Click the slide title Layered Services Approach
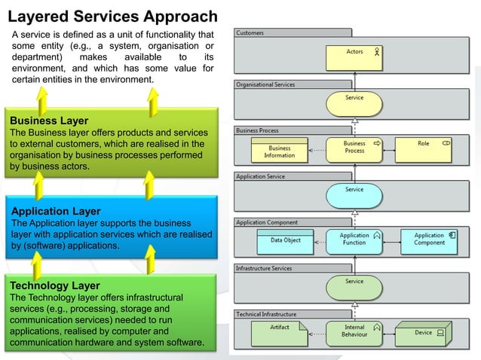113,16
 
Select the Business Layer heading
49,121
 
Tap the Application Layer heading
55,212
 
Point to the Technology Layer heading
54,286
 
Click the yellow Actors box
355,56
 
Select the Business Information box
279,150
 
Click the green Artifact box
280,332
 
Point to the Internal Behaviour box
355,332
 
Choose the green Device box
426,332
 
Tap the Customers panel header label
250,33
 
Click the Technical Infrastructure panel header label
266,314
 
